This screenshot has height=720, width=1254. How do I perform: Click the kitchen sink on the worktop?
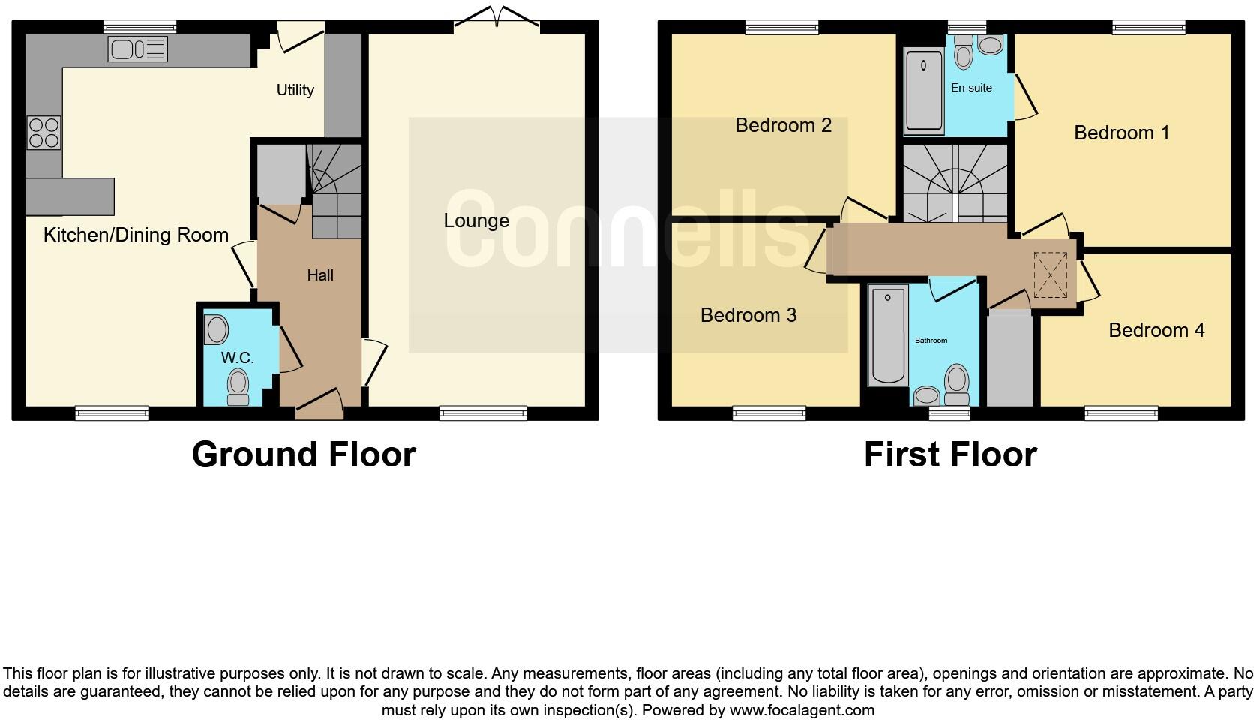pos(137,49)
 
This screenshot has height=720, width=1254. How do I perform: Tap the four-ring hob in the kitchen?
pos(43,133)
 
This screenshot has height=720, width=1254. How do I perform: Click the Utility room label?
pos(295,90)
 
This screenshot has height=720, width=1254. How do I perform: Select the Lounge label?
pos(476,220)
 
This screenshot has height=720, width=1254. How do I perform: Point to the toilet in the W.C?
pos(238,385)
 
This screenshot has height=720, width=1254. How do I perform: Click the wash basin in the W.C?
pos(217,329)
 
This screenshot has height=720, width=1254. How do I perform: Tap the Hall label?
pos(320,275)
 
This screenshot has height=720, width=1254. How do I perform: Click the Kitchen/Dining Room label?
pos(136,235)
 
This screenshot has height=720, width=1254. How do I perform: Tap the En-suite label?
pos(971,88)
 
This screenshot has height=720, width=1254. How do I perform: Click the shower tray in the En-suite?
pos(924,91)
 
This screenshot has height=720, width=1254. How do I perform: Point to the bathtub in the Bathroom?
pos(888,335)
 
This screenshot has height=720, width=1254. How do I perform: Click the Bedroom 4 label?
pos(1156,330)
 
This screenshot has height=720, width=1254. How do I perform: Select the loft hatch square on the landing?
pos(1050,275)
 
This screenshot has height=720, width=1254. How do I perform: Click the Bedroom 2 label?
pos(783,125)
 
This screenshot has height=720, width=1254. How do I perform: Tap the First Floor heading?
pos(949,454)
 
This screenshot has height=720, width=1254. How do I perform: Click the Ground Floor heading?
pos(303,454)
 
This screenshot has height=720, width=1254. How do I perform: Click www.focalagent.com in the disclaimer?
pos(802,709)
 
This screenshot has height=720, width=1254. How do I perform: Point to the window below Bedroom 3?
pos(769,412)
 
